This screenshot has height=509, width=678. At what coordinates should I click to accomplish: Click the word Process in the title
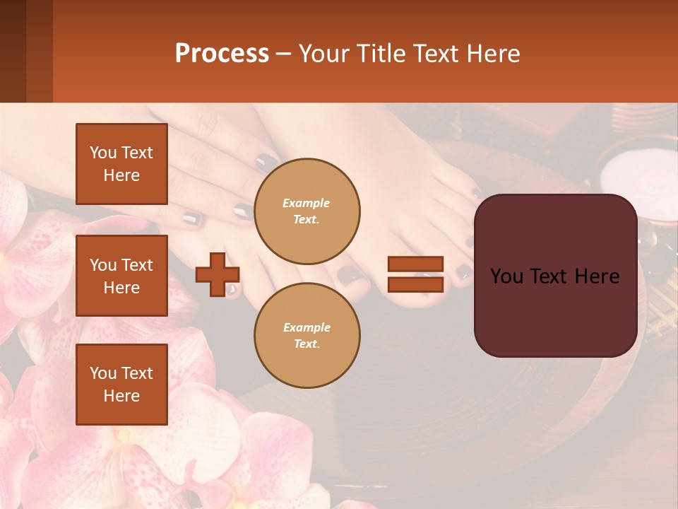pos(222,54)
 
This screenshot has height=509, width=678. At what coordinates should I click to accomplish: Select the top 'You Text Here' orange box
pos(121,164)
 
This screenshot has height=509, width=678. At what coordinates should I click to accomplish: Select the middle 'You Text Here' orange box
pos(121,276)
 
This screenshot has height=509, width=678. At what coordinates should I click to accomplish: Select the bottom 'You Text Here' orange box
pos(121,385)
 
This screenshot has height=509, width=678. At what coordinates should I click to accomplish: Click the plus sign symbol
pos(218,274)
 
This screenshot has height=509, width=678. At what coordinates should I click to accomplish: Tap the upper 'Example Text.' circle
pos(307,211)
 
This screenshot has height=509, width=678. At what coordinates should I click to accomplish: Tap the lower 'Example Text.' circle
pos(307,336)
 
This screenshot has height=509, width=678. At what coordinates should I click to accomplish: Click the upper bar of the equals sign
pos(415,264)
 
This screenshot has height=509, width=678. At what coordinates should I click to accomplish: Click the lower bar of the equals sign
pos(415,284)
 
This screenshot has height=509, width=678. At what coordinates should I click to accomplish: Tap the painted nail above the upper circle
pos(266,163)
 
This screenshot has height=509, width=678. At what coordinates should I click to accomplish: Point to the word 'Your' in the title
pos(326,54)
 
